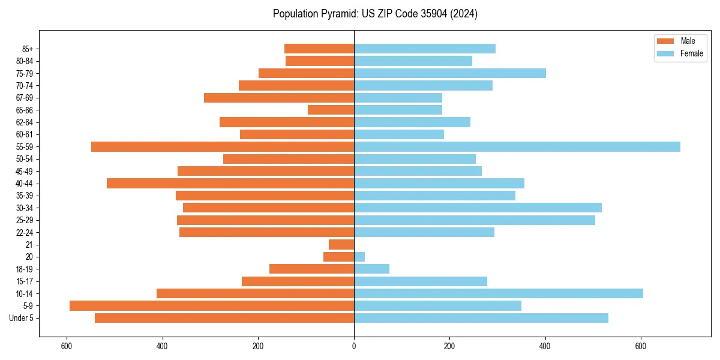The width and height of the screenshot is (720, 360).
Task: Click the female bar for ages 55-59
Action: click(x=517, y=147)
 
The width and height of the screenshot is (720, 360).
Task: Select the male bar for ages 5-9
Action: click(x=212, y=306)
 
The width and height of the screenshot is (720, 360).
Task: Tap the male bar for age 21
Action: click(x=341, y=245)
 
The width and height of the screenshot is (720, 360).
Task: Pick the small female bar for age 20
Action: click(x=359, y=257)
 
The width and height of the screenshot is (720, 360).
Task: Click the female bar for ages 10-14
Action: click(x=498, y=293)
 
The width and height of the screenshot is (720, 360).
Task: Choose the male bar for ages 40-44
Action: click(x=230, y=184)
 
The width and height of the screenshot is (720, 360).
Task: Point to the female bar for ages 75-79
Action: click(x=450, y=73)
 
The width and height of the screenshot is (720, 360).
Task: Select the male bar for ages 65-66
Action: click(x=331, y=110)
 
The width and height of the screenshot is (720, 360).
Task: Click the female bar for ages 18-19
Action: click(x=371, y=269)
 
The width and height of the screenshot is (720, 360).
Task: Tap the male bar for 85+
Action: click(x=319, y=49)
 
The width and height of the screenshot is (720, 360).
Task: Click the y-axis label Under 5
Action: click(x=21, y=318)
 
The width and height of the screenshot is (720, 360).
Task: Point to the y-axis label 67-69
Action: click(x=25, y=98)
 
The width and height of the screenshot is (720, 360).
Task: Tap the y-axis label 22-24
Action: click(x=25, y=233)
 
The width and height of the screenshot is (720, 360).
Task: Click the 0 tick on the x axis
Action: click(x=354, y=346)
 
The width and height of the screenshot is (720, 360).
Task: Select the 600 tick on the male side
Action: click(x=67, y=346)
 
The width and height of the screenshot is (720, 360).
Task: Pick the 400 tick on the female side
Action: click(x=545, y=346)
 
